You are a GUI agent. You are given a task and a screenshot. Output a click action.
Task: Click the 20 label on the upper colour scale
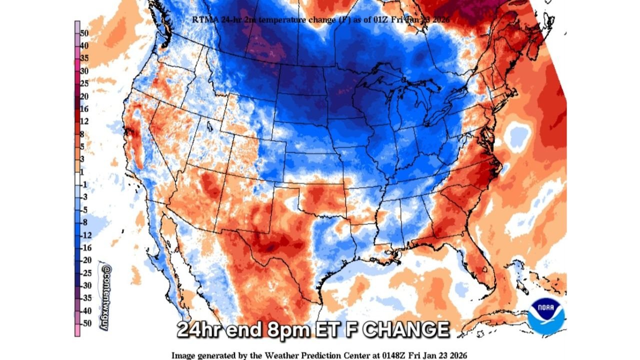84,96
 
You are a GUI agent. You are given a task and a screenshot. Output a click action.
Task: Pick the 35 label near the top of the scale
84,58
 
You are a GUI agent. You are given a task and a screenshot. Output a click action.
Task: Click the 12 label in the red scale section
84,121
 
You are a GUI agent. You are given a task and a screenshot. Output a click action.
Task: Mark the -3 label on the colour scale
84,197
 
